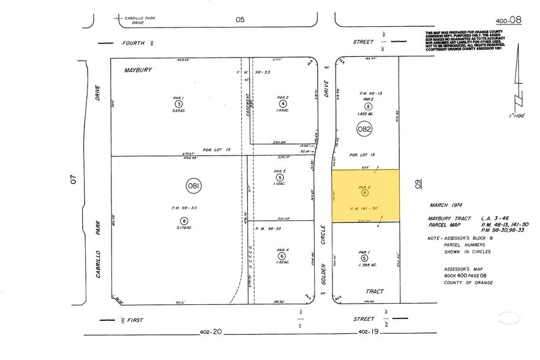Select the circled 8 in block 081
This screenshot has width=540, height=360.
click(x=183, y=220)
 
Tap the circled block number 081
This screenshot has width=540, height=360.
click(x=194, y=185)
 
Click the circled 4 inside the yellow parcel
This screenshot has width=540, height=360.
click(x=365, y=193)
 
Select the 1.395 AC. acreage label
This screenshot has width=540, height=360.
click(x=365, y=264)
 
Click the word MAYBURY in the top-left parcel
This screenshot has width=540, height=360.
click(x=138, y=70)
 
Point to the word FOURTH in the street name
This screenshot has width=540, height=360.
click(x=133, y=43)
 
